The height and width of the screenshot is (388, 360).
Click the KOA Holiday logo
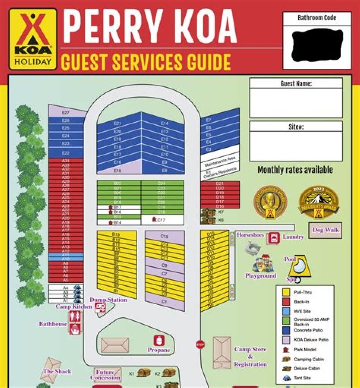(x=31, y=40)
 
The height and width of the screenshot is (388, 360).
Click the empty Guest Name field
(x=296, y=103)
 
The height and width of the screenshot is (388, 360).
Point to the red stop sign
(x=200, y=345)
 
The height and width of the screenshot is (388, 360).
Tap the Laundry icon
(x=273, y=238)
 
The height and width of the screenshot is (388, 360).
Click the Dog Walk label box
(x=325, y=230)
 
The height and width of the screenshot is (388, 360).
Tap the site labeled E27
(x=66, y=113)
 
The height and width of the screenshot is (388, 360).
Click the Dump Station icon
(x=100, y=308)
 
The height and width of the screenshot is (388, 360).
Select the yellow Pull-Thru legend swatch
(x=286, y=292)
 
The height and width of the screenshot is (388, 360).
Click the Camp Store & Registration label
(x=250, y=357)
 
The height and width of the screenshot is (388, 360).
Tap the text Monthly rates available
(x=295, y=170)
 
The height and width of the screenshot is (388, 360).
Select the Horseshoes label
(x=250, y=235)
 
